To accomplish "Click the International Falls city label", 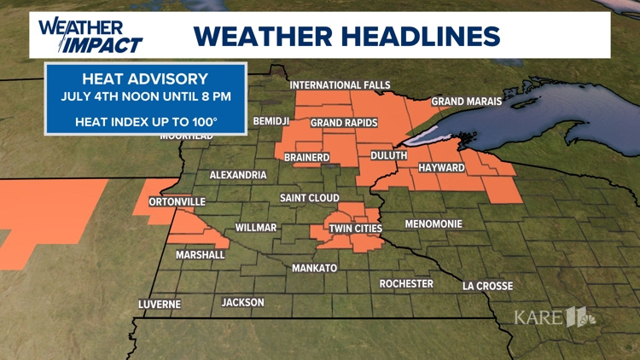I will coord(340,85).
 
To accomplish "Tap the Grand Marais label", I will coord(467,102).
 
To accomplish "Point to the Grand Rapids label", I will coord(344,123).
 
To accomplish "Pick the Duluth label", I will coord(388,156).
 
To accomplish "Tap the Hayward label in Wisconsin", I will coord(441,168).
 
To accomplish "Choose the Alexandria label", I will coord(238,175).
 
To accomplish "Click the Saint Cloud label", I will coord(310,198).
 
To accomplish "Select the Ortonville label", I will coord(177,202).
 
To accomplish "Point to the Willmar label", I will coord(256,228).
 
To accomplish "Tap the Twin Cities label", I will coord(355,229).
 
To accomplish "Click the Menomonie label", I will coord(433,224).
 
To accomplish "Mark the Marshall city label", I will coord(201,254).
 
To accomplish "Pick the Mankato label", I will coord(315,268).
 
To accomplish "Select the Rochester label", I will coord(406,283).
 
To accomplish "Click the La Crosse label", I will coord(487,286).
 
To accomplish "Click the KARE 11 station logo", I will coord(555,317).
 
